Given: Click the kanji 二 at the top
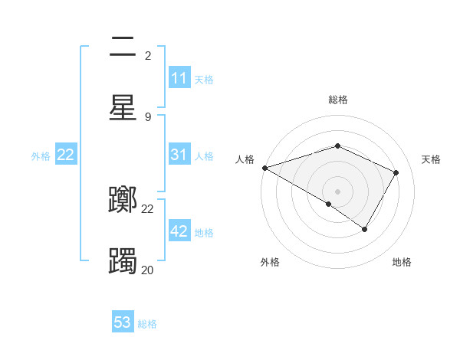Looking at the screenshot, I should click(x=123, y=47).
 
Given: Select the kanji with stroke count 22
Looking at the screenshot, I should click(x=123, y=200).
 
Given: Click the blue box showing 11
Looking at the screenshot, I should click(x=179, y=78).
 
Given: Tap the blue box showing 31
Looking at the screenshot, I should click(x=179, y=155).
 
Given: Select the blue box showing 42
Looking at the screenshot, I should click(x=179, y=231).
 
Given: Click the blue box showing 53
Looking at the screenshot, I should click(x=123, y=322).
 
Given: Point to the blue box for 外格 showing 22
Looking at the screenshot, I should click(x=66, y=155).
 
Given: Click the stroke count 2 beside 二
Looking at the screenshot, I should click(x=148, y=55).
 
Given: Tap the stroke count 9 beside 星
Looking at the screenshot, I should click(x=148, y=116).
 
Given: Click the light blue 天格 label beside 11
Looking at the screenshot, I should click(x=204, y=79).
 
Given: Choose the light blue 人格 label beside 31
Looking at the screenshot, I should click(x=204, y=155).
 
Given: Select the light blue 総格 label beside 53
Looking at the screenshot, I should click(x=147, y=323).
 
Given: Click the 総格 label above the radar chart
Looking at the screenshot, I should click(x=338, y=100).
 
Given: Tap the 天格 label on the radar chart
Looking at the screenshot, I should click(x=431, y=159).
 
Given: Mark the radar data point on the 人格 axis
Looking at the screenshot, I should click(x=264, y=168).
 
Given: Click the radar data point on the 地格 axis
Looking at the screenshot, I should click(x=365, y=229).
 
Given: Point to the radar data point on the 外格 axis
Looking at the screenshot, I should click(x=329, y=204).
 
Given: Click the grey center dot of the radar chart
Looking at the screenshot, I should click(x=338, y=191).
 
